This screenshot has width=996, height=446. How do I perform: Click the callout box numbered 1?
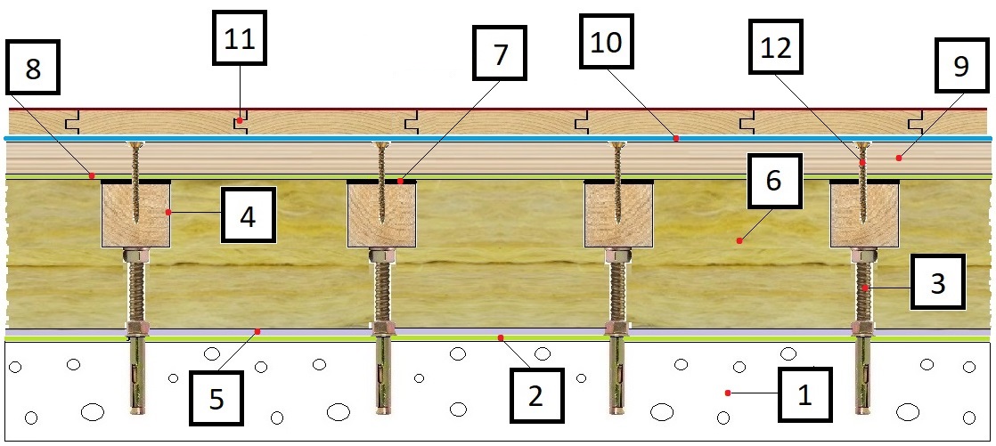804,394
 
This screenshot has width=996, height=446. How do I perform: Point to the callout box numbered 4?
249,215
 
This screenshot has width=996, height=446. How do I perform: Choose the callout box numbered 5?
216,399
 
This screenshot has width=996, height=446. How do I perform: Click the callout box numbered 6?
774,180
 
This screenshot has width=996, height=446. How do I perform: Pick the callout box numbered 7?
501,53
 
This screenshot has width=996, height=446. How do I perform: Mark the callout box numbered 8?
32,68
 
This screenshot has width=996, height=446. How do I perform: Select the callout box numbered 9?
960,65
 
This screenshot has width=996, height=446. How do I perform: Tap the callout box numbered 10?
607,41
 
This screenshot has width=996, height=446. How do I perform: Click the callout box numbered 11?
239,37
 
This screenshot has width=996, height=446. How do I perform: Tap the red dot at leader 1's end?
728,393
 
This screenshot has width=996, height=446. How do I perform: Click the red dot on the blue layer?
676,138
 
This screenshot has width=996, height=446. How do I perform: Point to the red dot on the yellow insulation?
739,239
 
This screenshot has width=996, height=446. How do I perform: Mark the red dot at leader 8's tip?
92,174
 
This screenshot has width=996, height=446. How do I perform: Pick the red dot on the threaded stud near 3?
865,288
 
